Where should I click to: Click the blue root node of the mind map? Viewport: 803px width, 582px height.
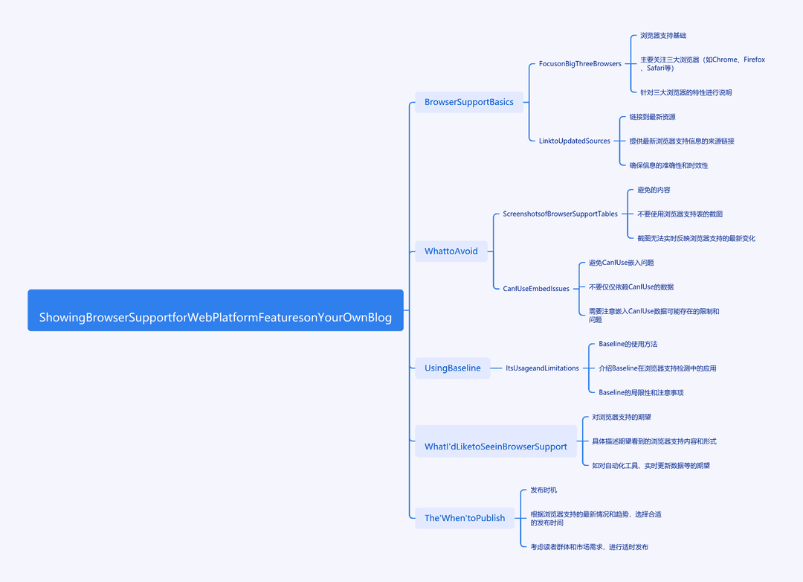pyautogui.click(x=216, y=310)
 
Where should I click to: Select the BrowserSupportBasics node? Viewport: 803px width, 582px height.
pyautogui.click(x=469, y=102)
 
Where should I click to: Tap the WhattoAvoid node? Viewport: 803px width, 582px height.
pyautogui.click(x=451, y=252)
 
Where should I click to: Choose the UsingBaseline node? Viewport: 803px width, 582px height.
pyautogui.click(x=453, y=368)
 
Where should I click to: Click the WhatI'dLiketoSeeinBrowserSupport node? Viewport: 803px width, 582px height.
pyautogui.click(x=496, y=441)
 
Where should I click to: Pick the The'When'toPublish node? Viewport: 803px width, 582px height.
pyautogui.click(x=465, y=518)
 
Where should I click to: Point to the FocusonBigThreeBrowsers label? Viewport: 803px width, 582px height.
pyautogui.click(x=580, y=63)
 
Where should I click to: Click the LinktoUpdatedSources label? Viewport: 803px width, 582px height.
pyautogui.click(x=575, y=141)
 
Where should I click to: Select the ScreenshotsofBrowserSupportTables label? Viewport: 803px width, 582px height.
pyautogui.click(x=561, y=214)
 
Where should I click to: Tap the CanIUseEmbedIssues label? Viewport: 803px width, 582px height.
pyautogui.click(x=536, y=289)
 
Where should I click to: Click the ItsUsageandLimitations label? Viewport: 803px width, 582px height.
pyautogui.click(x=542, y=368)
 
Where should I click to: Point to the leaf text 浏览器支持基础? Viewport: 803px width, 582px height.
pyautogui.click(x=663, y=36)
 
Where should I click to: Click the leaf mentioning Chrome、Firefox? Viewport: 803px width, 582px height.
pyautogui.click(x=703, y=63)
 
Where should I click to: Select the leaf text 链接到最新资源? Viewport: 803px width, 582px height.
pyautogui.click(x=653, y=117)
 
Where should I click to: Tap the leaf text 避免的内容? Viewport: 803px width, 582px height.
pyautogui.click(x=654, y=190)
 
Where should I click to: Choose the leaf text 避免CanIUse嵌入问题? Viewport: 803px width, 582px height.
pyautogui.click(x=621, y=263)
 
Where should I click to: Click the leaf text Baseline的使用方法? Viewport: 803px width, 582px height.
pyautogui.click(x=628, y=344)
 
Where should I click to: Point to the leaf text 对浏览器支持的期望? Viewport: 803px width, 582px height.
pyautogui.click(x=622, y=417)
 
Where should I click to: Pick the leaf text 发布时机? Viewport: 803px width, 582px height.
pyautogui.click(x=544, y=490)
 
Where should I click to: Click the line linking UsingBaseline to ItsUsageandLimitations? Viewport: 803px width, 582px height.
pyautogui.click(x=496, y=368)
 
